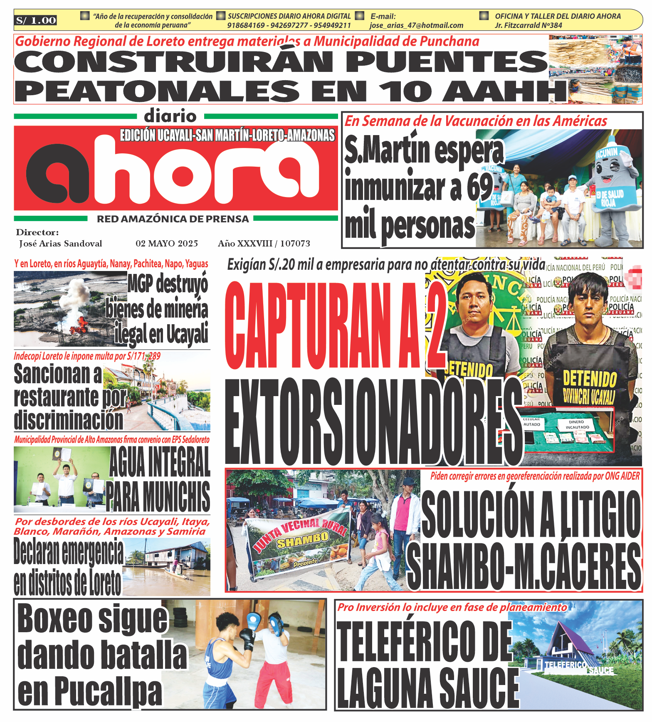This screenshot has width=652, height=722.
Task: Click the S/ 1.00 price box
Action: click(36, 20)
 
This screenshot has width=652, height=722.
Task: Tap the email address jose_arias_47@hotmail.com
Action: click(416, 25)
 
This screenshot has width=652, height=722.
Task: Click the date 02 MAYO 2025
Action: click(167, 244)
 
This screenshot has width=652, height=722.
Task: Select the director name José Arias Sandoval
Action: click(61, 244)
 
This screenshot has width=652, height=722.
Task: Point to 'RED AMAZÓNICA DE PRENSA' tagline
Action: click(173, 219)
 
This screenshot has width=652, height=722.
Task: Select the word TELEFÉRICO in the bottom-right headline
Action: click(424, 641)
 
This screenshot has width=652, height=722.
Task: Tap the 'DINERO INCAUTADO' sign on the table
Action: click(577, 424)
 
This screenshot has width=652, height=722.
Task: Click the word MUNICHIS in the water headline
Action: click(158, 497)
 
